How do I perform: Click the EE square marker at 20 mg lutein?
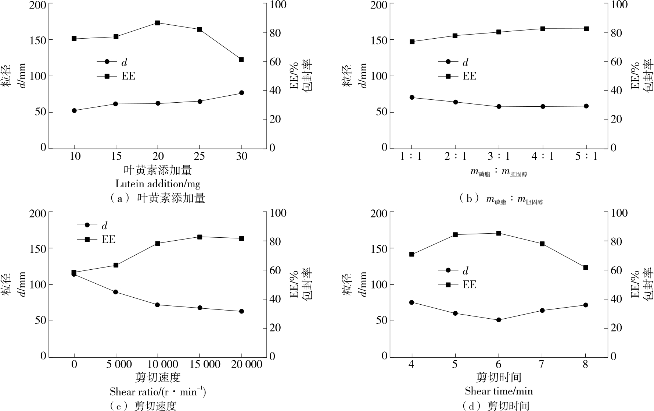pos(157,23)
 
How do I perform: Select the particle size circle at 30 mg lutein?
pos(241,93)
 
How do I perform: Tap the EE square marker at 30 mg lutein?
pos(241,60)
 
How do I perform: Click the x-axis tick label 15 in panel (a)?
pos(116,156)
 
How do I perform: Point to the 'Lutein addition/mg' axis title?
pos(158,184)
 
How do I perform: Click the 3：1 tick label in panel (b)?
pos(499,156)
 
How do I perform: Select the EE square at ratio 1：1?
pos(412,42)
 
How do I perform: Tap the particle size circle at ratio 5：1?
pos(586,106)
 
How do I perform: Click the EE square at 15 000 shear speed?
pos(200,237)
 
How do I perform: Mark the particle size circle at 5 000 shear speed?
pos(116,292)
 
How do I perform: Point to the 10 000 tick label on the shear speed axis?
pos(158,365)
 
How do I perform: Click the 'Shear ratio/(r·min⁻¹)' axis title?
pos(158,392)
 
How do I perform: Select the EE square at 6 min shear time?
pos(499,233)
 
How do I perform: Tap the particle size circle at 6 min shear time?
pos(499,320)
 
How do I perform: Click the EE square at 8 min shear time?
pos(586,267)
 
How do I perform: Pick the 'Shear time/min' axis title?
pos(499,391)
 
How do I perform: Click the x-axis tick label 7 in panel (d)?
pos(542,365)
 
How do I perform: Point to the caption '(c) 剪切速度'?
pos(143,406)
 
